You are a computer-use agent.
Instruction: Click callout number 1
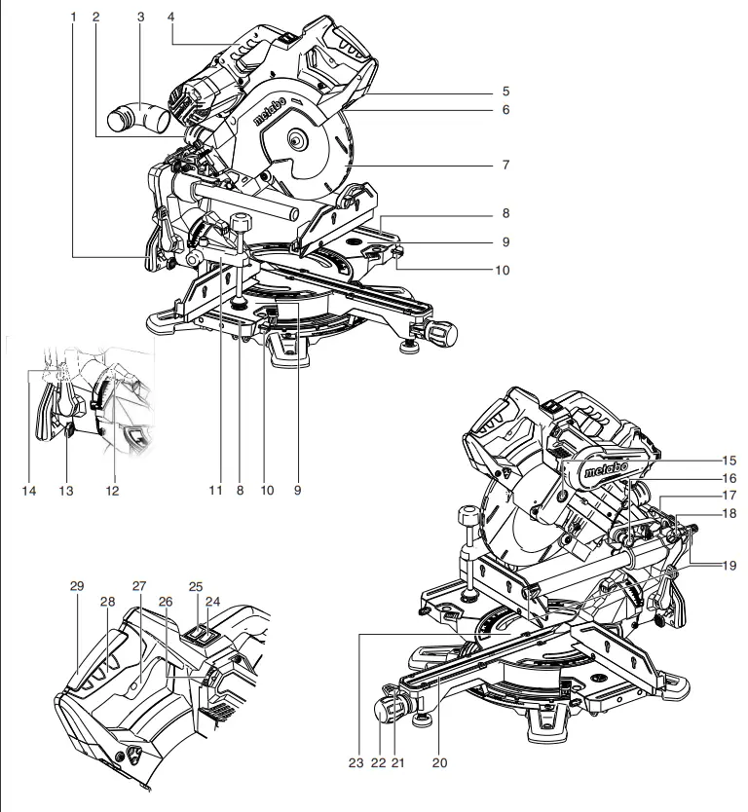pos(74,18)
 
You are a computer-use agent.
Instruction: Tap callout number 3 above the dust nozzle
pos(140,18)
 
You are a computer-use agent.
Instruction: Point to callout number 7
pos(505,165)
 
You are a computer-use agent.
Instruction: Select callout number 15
pos(729,459)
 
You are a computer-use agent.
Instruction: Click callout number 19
pos(729,565)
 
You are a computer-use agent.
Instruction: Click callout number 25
pos(195,587)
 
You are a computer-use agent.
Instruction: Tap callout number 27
pos(138,587)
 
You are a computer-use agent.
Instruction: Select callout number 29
pos(77,586)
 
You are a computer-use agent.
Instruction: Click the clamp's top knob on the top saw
pos(240,225)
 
